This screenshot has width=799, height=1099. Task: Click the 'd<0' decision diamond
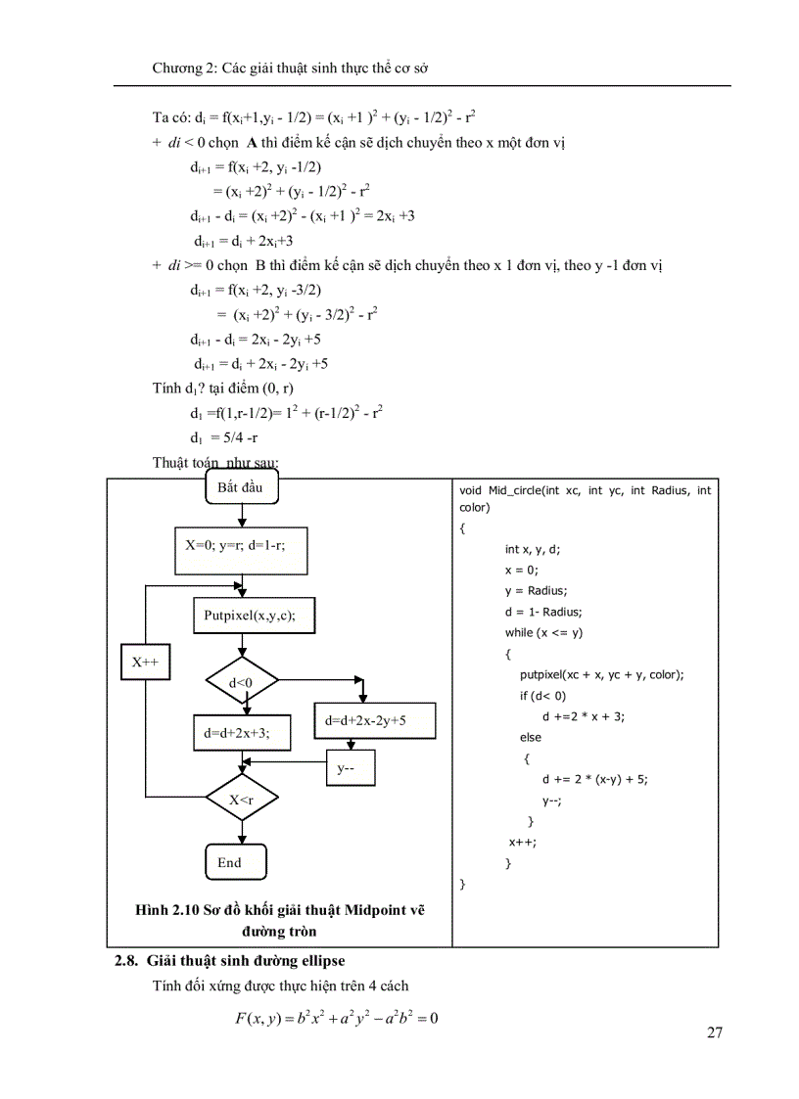[x=242, y=681]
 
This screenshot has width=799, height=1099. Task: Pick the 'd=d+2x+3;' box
[x=237, y=732]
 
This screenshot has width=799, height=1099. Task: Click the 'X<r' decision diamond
[x=242, y=801]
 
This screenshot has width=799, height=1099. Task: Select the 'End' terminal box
[x=235, y=862]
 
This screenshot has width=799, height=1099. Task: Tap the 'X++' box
[x=145, y=663]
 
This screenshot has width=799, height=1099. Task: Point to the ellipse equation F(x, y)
[x=336, y=1019]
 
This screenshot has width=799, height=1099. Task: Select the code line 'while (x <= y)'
[x=543, y=632]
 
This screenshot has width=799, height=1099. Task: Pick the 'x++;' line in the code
[x=522, y=842]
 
